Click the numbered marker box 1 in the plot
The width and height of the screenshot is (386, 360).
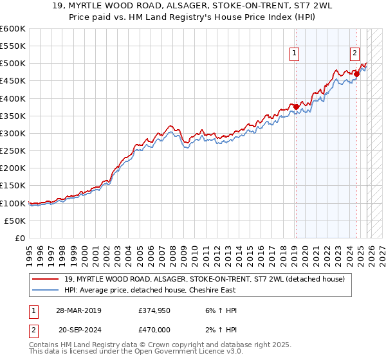click(295, 54)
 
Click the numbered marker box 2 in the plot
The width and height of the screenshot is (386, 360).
click(354, 54)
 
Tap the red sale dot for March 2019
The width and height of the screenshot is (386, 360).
click(296, 107)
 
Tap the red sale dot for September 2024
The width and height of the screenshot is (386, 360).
click(356, 74)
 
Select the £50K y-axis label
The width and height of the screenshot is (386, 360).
click(15, 221)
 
